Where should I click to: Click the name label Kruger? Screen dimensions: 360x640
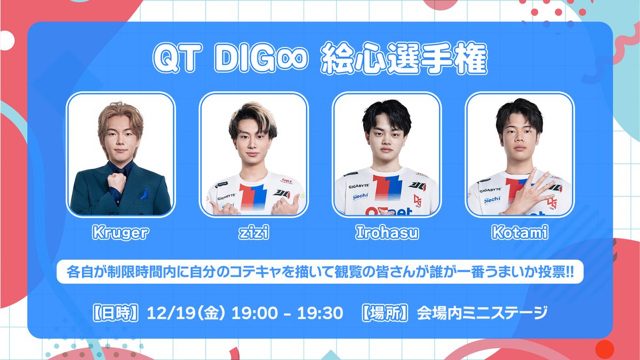click(120, 233)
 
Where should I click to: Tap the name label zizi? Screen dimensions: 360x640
click(253, 233)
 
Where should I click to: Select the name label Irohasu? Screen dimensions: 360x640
click(387, 233)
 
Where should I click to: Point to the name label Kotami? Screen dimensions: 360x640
click(520, 233)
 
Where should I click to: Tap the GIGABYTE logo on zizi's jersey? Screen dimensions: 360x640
click(226, 197)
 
